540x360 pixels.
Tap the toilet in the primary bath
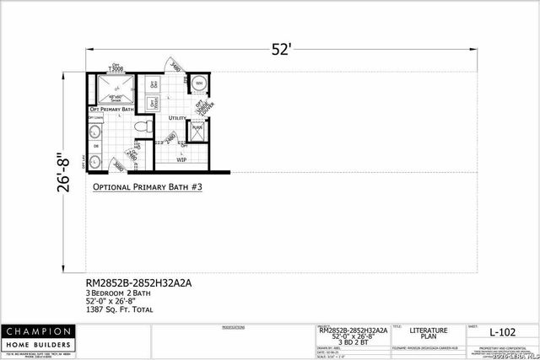(146, 127)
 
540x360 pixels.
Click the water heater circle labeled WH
(198, 83)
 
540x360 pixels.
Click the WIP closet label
(181, 159)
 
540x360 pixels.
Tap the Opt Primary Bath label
(111, 110)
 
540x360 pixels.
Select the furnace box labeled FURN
(197, 129)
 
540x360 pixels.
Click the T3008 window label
(116, 67)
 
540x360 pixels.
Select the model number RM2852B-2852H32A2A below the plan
(139, 283)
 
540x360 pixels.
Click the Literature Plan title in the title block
(424, 335)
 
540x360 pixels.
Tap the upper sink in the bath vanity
(94, 133)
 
